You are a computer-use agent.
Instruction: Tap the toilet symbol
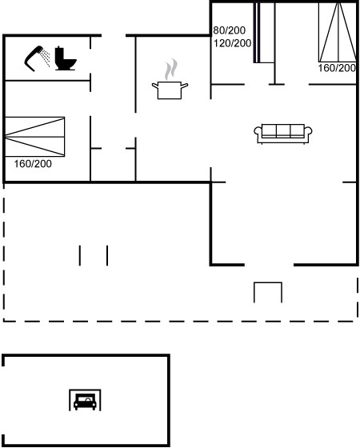point(65,58)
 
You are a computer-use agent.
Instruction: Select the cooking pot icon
point(170,90)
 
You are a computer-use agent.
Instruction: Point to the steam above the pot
point(170,69)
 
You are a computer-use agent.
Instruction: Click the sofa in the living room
point(283,134)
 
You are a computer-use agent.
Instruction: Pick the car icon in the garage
point(85,402)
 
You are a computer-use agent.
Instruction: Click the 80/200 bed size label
point(229,30)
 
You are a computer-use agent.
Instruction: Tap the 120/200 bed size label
point(232,43)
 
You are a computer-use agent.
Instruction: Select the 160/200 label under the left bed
point(33,164)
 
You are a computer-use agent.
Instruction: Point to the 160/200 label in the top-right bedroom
point(337,68)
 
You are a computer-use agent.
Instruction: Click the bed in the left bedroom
point(35,137)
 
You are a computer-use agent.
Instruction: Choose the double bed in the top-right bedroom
point(338,32)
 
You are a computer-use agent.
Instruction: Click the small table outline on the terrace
point(268,283)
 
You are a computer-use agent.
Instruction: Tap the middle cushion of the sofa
point(283,131)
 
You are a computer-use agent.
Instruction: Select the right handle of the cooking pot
point(185,85)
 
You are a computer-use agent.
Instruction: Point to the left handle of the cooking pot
point(155,85)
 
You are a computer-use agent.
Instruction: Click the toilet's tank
point(59,53)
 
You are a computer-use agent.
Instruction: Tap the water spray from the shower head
point(45,58)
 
